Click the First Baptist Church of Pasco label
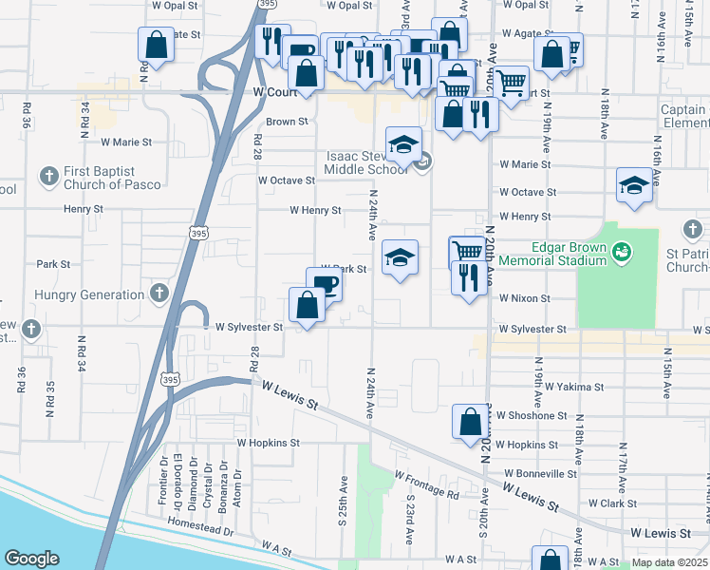[x=101, y=177]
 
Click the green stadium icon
[x=622, y=253]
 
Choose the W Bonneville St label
[x=541, y=472]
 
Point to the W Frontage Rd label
[x=426, y=484]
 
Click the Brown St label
[x=288, y=122]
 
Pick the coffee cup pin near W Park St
[x=325, y=283]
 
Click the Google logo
[x=31, y=559]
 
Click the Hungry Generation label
[x=88, y=295]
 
